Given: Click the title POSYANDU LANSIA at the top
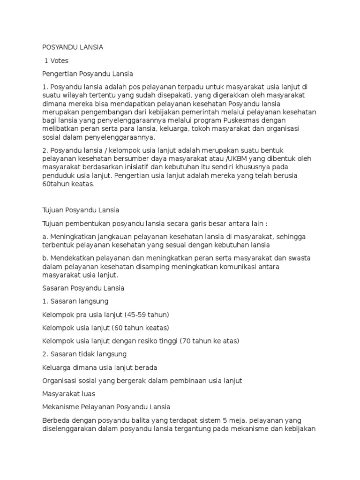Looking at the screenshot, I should point(73,47).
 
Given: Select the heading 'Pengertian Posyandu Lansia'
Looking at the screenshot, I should point(88,74).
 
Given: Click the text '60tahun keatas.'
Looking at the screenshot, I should point(68,184).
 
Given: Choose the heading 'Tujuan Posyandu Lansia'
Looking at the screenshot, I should point(81,210).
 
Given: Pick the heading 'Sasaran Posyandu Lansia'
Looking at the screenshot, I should point(83,288).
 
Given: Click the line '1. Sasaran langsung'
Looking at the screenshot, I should point(75,301).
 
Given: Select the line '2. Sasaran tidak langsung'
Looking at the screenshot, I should point(84,353).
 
